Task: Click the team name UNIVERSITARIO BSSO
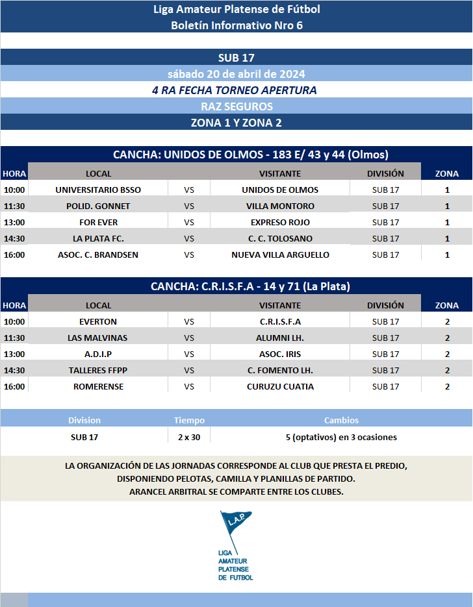tap(98, 190)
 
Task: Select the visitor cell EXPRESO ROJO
tap(280, 222)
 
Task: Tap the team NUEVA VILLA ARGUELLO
tap(280, 254)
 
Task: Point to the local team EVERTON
tap(98, 321)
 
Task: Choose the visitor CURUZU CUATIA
tap(280, 386)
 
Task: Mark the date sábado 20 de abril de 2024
tap(236, 73)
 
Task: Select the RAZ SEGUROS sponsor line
tap(236, 106)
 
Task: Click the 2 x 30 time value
tap(189, 437)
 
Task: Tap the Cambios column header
tap(341, 420)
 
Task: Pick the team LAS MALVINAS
tap(97, 338)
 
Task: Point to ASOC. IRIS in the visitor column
tap(280, 354)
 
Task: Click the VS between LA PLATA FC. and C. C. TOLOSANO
tap(189, 238)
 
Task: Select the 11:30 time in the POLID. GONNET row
tap(14, 206)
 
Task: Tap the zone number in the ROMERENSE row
tap(447, 386)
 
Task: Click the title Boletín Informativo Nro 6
tap(236, 25)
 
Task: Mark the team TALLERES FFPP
tap(97, 370)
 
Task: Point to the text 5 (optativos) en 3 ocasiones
tap(341, 437)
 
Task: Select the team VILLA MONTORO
tap(280, 206)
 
